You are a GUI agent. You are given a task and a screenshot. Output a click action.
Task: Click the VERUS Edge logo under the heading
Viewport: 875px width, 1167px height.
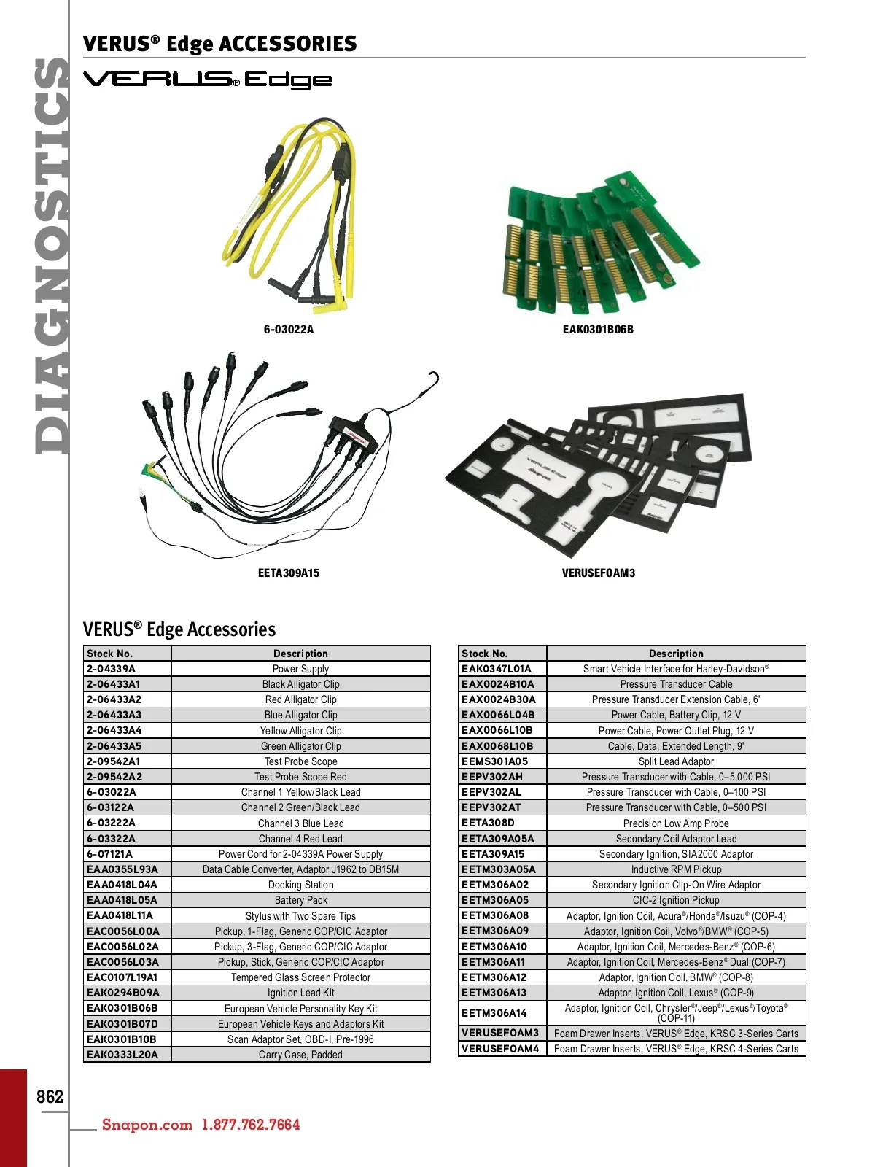click(x=208, y=80)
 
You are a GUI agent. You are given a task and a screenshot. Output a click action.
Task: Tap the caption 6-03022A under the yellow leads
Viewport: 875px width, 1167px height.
click(x=289, y=330)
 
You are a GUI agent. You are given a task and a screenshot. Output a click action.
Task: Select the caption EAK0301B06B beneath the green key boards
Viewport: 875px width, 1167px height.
click(x=598, y=330)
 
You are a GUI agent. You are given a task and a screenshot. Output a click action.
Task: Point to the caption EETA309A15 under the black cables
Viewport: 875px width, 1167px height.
click(x=289, y=573)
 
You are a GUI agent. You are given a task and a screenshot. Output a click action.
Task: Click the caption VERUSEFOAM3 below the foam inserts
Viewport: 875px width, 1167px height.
click(x=599, y=573)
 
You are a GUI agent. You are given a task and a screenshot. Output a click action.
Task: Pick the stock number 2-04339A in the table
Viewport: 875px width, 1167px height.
click(x=112, y=669)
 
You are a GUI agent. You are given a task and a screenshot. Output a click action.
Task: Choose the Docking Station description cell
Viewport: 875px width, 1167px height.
click(x=300, y=885)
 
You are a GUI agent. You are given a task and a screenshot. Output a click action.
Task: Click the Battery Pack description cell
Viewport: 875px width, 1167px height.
click(x=300, y=900)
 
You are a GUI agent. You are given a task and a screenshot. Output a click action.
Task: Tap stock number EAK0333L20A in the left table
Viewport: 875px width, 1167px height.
click(x=122, y=1055)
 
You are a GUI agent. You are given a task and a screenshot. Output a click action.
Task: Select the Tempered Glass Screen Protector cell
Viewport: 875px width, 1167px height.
click(x=300, y=977)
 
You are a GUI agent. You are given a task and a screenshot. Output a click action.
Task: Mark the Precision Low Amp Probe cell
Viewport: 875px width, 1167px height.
click(x=676, y=823)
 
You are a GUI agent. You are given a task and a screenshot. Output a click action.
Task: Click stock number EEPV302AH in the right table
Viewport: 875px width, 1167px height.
click(x=492, y=777)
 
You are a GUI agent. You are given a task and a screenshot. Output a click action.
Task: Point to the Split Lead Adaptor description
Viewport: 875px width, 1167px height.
click(x=676, y=761)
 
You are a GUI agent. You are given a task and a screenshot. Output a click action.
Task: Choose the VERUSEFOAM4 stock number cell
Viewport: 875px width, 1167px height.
click(x=500, y=1049)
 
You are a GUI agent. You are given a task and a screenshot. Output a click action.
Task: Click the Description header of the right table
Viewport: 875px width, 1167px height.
click(x=676, y=654)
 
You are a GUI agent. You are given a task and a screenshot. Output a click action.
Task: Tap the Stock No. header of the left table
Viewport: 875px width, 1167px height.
click(x=110, y=654)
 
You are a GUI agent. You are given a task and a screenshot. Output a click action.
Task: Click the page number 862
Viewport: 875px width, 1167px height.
click(x=50, y=1097)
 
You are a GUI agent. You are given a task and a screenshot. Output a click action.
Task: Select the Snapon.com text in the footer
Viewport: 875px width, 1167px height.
click(x=147, y=1125)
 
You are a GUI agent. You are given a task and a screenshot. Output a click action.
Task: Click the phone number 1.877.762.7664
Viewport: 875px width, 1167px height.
click(x=251, y=1125)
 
